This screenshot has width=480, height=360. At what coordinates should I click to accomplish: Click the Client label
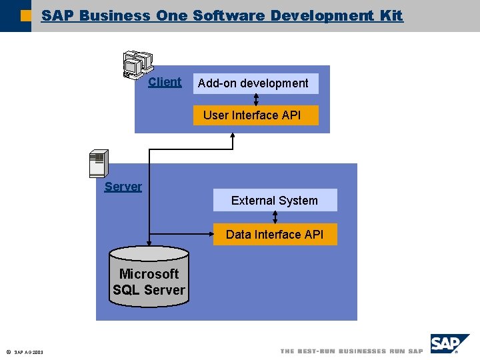point(164,82)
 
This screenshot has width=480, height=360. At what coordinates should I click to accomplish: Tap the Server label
point(123,187)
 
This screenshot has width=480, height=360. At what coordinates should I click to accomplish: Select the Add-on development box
point(255,83)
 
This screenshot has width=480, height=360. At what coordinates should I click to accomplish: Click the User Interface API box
point(255,115)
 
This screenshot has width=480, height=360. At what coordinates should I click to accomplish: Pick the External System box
point(275,200)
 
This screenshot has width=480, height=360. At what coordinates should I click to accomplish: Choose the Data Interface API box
point(275,234)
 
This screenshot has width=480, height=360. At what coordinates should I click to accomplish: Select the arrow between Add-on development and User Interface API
point(256,99)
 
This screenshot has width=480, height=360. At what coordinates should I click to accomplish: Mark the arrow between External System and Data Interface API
point(275,217)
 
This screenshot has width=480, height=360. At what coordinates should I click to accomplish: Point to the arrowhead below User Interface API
point(233,137)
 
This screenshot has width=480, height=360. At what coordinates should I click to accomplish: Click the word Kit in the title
point(391,15)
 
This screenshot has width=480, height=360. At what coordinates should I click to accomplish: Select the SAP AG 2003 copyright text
point(27,352)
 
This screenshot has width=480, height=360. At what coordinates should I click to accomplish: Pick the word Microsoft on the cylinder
point(149,274)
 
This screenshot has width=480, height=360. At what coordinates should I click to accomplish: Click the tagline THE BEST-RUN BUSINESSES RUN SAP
point(351,351)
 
